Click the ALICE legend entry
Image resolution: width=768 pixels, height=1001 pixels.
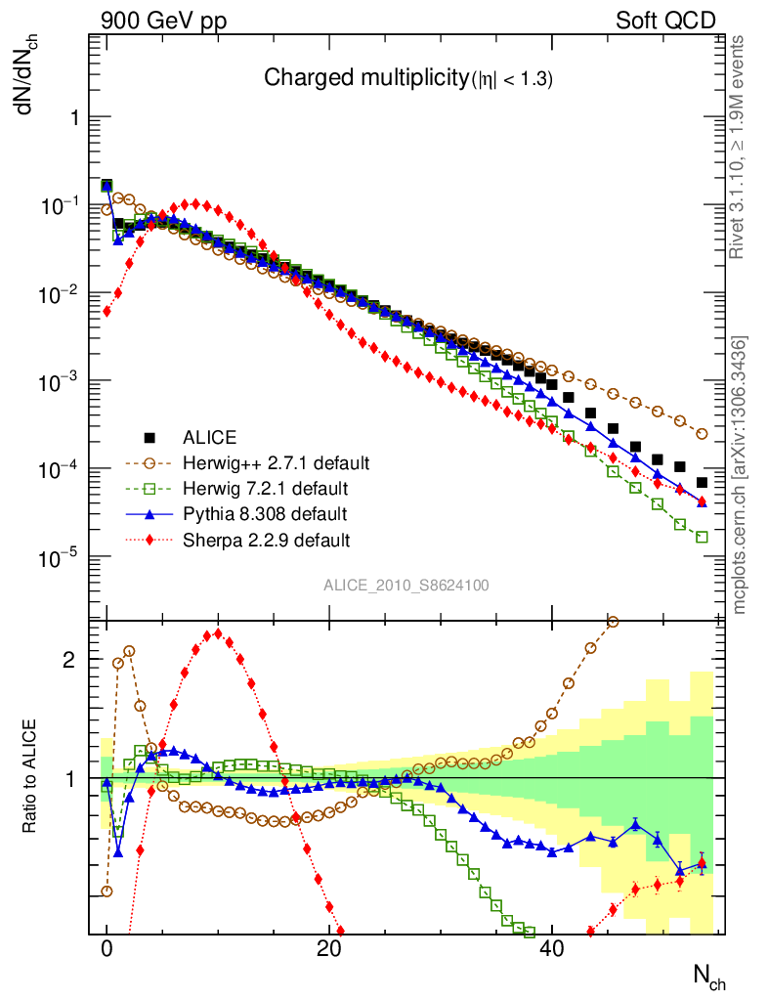pos(211,437)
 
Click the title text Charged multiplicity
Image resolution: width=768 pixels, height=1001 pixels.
pos(367,79)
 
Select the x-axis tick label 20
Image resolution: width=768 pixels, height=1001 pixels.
pos(329,947)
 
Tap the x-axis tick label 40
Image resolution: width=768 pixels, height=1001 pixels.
pos(552,947)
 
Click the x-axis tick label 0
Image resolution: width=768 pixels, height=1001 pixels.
pos(107,947)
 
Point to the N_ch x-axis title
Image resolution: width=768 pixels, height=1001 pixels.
pos(708,977)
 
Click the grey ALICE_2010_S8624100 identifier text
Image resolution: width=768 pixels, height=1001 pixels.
pos(406,586)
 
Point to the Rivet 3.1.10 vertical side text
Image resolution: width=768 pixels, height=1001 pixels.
pos(738,147)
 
